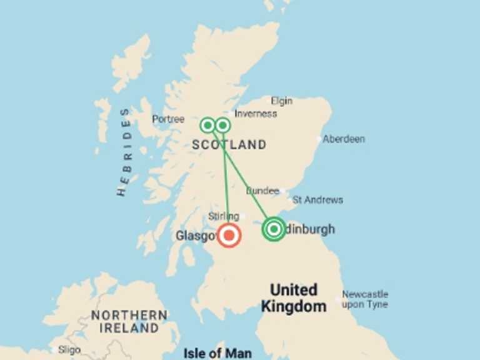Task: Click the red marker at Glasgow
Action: (229, 236)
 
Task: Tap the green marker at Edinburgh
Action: (274, 229)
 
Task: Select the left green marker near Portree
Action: (207, 125)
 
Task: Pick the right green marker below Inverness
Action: (222, 125)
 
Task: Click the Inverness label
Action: (256, 114)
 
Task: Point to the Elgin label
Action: (282, 100)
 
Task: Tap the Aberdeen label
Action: (343, 139)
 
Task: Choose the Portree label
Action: (168, 119)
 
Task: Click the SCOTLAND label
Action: (229, 145)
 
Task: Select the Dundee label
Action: (262, 191)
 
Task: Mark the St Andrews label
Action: (317, 200)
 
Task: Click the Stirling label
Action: (224, 216)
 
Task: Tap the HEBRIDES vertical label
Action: (124, 152)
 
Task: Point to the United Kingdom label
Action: (294, 298)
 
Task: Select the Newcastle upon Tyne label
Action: (365, 299)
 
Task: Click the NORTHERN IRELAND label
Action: (129, 321)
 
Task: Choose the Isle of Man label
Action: (217, 354)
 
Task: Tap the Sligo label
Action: (69, 349)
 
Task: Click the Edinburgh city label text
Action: (310, 229)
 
